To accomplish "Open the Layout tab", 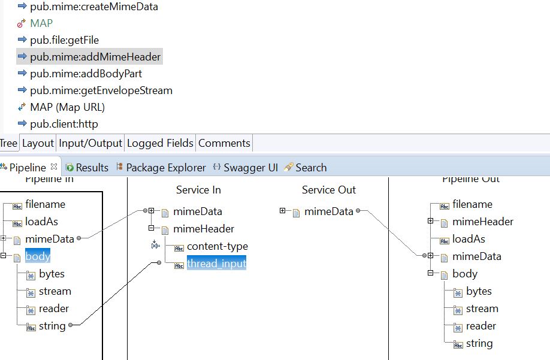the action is coord(38,143).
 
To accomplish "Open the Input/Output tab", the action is coord(90,143).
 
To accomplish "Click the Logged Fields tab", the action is coord(160,143).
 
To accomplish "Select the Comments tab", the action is coord(224,143).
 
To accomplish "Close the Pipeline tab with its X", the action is coord(54,167).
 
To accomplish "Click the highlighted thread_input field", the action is coord(216,263).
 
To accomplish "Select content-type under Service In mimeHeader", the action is coord(217,246).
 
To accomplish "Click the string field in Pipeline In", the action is coord(52,326).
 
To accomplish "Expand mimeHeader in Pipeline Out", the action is coord(430,221).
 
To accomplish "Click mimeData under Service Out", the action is coord(329,211).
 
